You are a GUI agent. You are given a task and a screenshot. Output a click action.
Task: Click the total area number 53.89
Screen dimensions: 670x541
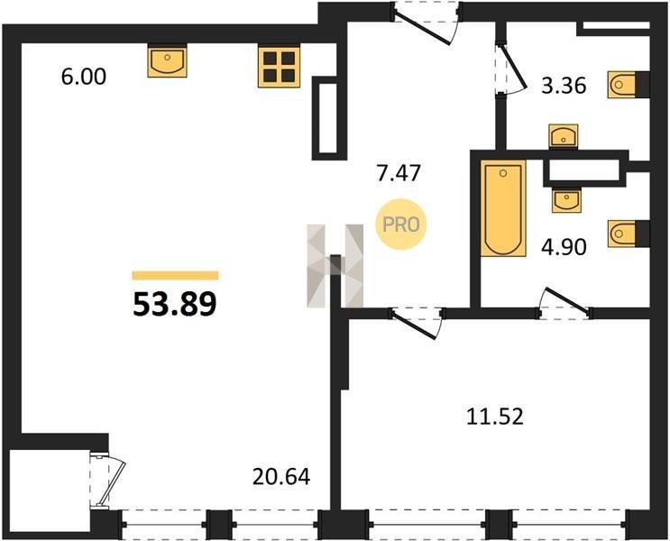pos(175,305)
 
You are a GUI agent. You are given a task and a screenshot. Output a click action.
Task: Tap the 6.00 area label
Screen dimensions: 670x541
pos(83,78)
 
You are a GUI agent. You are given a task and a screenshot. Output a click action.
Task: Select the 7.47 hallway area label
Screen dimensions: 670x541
pos(399,173)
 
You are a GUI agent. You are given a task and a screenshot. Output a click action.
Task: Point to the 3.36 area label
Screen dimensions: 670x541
pos(564,86)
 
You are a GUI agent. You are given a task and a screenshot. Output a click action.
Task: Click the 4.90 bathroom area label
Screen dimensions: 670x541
pos(564,247)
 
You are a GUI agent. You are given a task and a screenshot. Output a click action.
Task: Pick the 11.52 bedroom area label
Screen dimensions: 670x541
pos(495,417)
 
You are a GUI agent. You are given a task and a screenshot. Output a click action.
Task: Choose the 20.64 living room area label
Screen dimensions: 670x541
pos(281,477)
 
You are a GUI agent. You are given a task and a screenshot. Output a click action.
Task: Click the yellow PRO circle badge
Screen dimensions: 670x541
pos(400,225)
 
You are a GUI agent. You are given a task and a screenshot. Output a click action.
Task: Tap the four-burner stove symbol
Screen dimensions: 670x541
pos(279,67)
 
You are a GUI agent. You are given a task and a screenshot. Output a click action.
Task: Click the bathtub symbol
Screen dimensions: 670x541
pos(503,208)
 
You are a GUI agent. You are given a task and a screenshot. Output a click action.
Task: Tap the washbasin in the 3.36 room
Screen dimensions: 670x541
pos(564,136)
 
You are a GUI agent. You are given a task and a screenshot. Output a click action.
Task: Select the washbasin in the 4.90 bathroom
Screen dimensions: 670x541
pos(566,200)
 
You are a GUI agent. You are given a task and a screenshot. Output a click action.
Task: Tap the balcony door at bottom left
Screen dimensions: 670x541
pos(107,481)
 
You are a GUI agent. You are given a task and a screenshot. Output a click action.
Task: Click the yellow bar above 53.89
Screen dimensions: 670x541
pos(175,275)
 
